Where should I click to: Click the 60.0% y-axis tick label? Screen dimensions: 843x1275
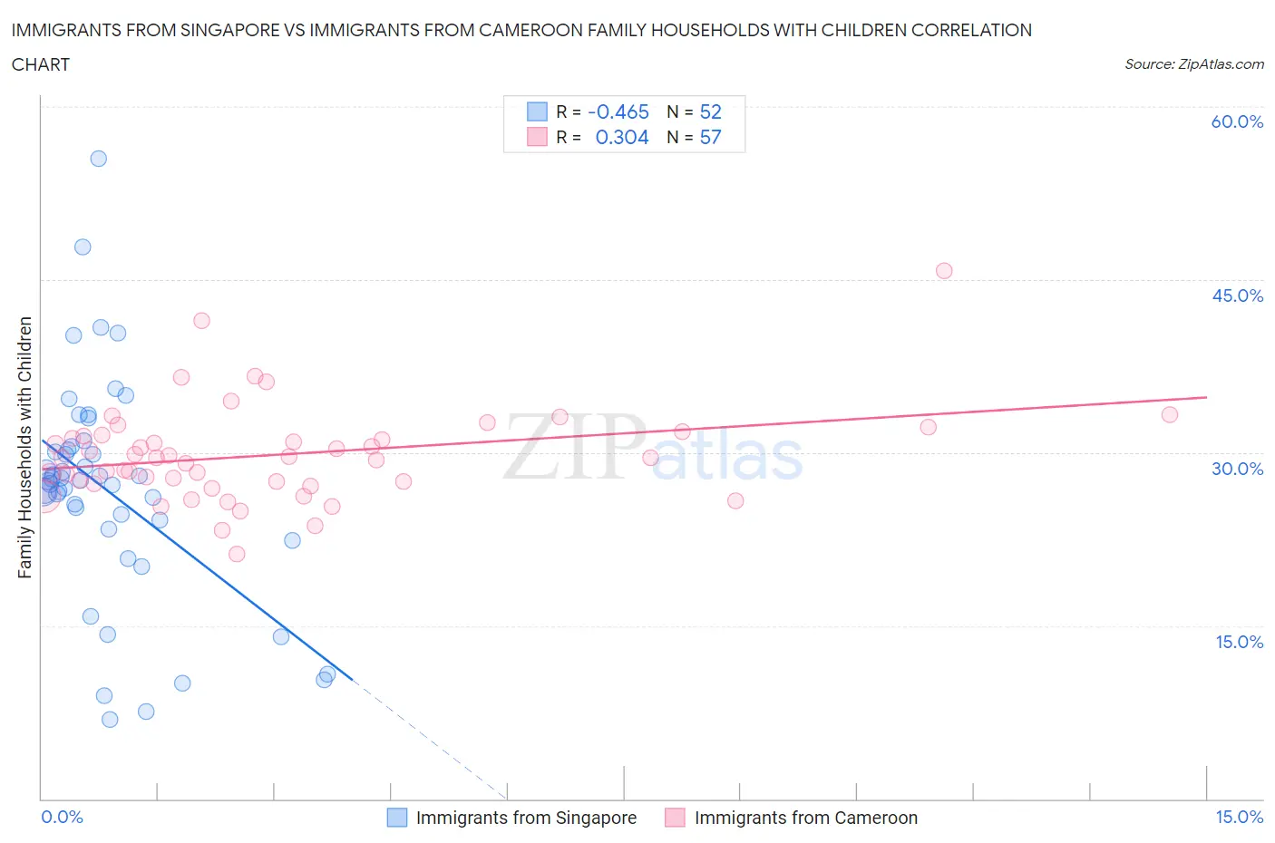(1237, 121)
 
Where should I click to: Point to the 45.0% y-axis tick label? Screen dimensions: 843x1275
(1237, 296)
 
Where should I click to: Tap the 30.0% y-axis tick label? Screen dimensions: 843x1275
(1237, 469)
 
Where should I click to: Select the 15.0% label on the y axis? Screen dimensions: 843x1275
(1239, 642)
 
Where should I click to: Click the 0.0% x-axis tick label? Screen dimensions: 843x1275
(62, 817)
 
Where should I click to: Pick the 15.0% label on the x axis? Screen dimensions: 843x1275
(1239, 817)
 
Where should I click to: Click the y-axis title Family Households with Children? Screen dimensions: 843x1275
(24, 447)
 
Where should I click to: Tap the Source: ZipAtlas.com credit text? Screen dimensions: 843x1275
(1193, 63)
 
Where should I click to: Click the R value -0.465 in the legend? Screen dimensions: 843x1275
(618, 111)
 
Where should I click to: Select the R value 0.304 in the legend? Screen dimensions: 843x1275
(622, 137)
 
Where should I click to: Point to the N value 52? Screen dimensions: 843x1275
(710, 111)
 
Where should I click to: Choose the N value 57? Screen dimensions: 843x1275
(710, 137)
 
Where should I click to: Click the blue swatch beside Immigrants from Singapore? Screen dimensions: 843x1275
(397, 818)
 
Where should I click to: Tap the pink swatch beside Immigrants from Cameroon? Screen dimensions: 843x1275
(675, 818)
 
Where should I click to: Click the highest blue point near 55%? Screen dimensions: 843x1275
(99, 159)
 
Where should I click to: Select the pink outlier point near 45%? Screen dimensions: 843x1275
(944, 271)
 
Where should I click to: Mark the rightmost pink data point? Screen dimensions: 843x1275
(1170, 414)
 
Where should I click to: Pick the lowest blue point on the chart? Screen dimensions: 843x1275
(110, 720)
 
